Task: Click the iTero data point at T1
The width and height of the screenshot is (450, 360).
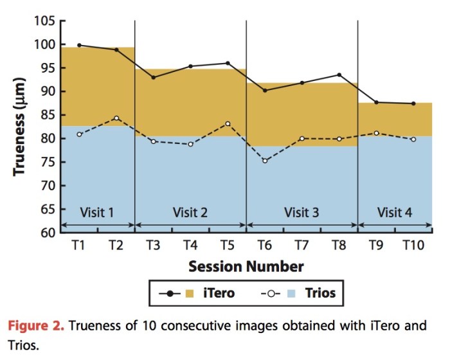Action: (x=79, y=45)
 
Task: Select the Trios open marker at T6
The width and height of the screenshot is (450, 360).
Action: (x=264, y=161)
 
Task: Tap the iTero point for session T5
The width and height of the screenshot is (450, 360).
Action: (x=228, y=63)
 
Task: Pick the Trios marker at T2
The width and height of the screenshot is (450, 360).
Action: (x=116, y=118)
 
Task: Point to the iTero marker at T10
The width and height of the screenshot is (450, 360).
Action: (x=413, y=104)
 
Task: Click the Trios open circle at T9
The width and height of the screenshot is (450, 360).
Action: (x=376, y=133)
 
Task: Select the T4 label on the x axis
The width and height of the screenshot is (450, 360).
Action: (x=190, y=245)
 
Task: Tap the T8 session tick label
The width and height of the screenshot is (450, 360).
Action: (x=339, y=245)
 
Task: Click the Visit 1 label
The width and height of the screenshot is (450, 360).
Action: (x=98, y=212)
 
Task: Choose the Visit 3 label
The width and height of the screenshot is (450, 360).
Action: (x=302, y=212)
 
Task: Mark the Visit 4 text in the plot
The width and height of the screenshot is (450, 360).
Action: (x=395, y=212)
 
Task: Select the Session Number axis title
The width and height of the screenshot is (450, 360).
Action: (x=246, y=265)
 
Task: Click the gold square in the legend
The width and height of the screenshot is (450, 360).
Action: (x=189, y=294)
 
